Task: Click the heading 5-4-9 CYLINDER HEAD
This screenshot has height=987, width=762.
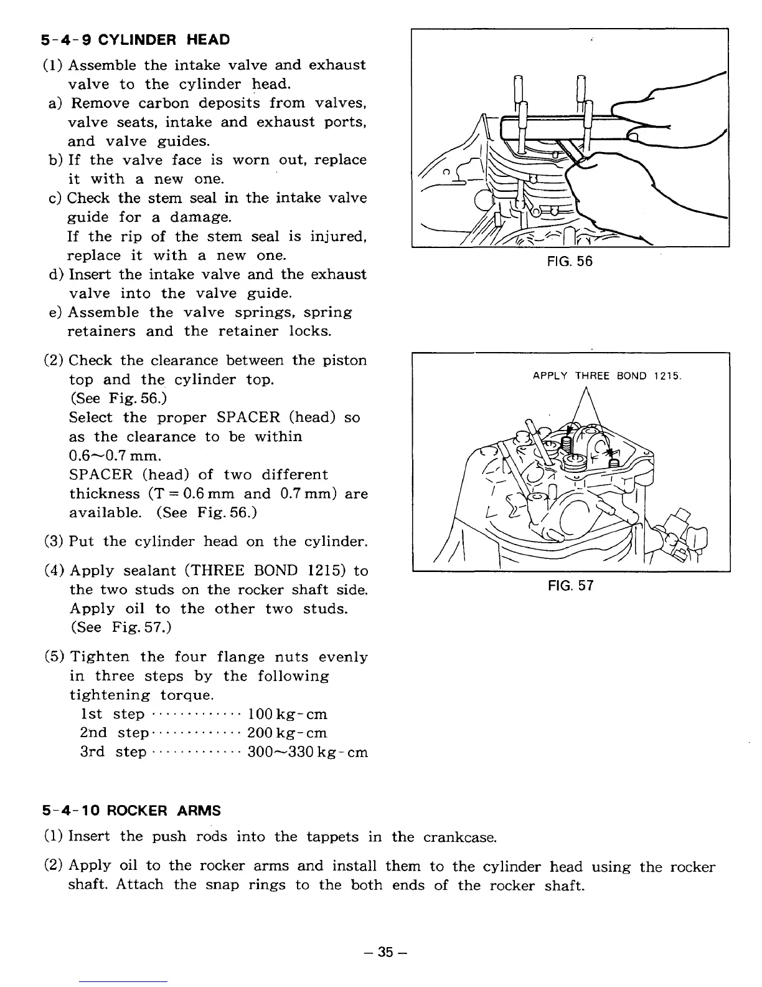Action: click(x=135, y=40)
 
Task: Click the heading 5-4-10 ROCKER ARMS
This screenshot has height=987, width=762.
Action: click(x=131, y=811)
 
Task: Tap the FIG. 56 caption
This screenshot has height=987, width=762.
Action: click(x=570, y=262)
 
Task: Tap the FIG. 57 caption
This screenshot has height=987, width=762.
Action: click(x=570, y=586)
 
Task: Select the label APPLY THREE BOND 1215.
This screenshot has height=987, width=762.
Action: click(x=607, y=376)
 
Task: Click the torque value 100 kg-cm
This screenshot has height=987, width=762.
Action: click(x=287, y=714)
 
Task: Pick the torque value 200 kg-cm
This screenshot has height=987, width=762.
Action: click(x=287, y=733)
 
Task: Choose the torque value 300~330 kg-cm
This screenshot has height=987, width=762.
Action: click(x=308, y=753)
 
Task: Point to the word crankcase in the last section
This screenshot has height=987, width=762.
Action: click(x=459, y=837)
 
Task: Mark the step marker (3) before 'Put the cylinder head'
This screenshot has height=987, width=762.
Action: click(x=54, y=541)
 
